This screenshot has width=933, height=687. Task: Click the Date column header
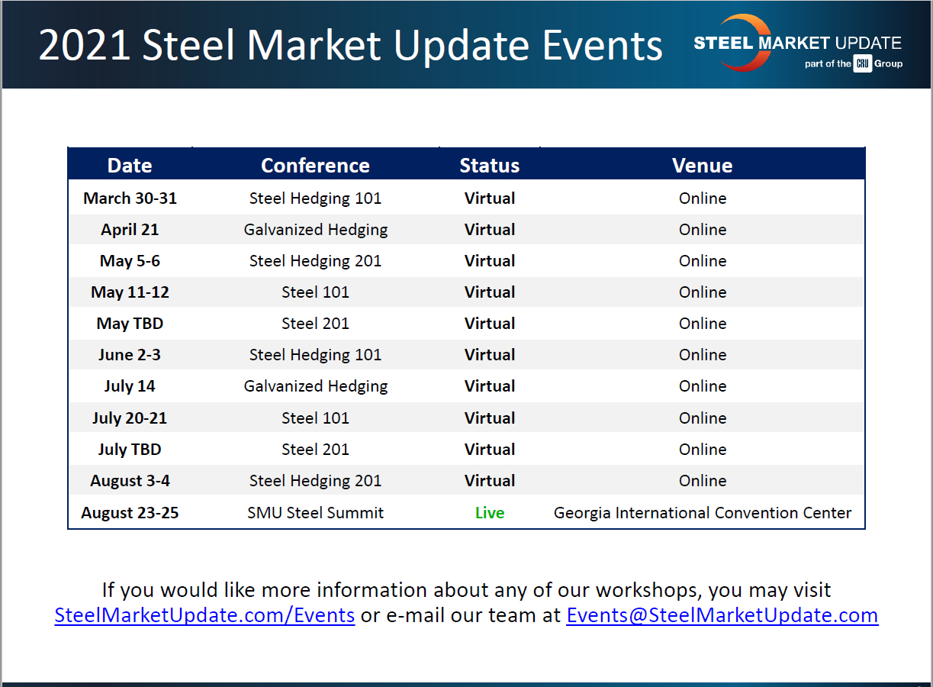pyautogui.click(x=130, y=166)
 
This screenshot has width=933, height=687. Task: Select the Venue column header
pyautogui.click(x=702, y=166)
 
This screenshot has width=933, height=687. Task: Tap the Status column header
pyautogui.click(x=489, y=166)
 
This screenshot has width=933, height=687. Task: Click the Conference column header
pyautogui.click(x=315, y=166)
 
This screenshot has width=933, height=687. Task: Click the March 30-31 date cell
pyautogui.click(x=130, y=198)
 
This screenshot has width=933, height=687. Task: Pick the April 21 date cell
pyautogui.click(x=130, y=230)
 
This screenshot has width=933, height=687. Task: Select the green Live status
pyautogui.click(x=489, y=513)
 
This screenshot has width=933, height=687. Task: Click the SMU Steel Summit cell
pyautogui.click(x=315, y=513)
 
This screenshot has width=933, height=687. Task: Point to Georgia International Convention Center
pyautogui.click(x=702, y=513)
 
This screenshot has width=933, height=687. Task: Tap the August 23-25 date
pyautogui.click(x=130, y=513)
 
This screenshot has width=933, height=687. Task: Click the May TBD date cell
pyautogui.click(x=130, y=324)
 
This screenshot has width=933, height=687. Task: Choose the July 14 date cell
pyautogui.click(x=130, y=386)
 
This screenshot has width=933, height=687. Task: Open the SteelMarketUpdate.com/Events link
pyautogui.click(x=204, y=615)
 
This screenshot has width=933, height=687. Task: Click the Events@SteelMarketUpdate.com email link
pyautogui.click(x=722, y=615)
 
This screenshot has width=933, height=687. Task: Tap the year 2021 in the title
pyautogui.click(x=85, y=46)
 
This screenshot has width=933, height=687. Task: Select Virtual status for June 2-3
pyautogui.click(x=489, y=355)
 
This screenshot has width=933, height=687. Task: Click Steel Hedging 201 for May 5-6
pyautogui.click(x=315, y=261)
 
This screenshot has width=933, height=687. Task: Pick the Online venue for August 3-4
pyautogui.click(x=702, y=481)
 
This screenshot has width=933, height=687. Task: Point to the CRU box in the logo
pyautogui.click(x=862, y=64)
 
